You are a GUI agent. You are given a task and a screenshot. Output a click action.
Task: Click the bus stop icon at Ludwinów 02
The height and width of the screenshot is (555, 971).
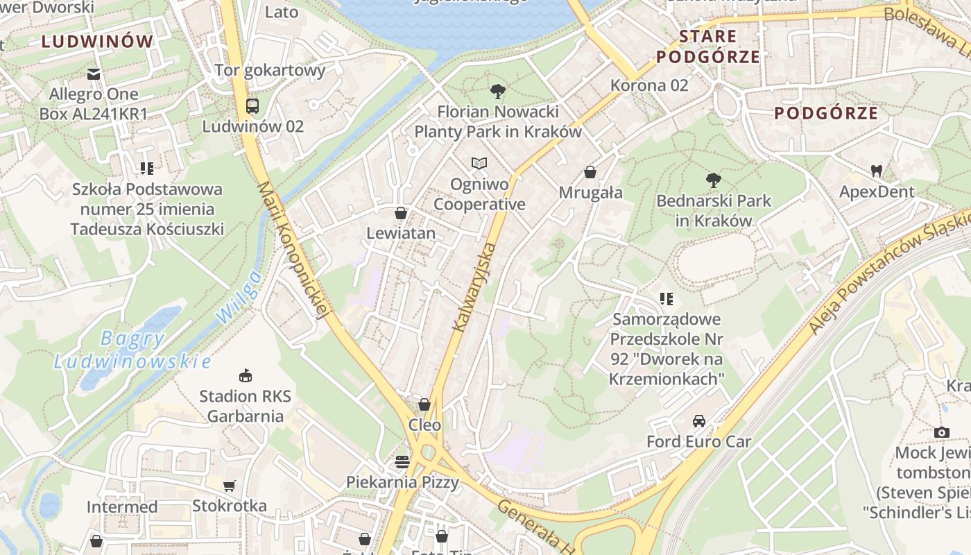[x=252, y=106]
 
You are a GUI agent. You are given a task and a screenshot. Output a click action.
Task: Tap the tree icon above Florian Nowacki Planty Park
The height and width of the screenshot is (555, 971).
[x=497, y=91]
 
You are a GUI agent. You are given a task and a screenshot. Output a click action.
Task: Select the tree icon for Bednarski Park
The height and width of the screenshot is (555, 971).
[x=713, y=180]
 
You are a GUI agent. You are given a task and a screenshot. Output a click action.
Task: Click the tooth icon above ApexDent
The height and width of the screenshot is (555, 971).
[x=877, y=171]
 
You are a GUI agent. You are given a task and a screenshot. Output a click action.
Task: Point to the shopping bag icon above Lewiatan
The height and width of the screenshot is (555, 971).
[x=400, y=212]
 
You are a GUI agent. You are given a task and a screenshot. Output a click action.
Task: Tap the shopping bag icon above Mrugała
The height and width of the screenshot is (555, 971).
[x=590, y=171]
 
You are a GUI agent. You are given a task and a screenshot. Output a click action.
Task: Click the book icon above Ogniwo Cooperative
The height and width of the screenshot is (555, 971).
[x=479, y=164]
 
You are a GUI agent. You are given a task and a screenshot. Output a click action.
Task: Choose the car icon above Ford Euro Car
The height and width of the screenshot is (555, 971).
[x=699, y=420]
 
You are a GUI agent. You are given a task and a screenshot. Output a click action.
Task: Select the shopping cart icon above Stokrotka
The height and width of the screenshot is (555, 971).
[x=229, y=486]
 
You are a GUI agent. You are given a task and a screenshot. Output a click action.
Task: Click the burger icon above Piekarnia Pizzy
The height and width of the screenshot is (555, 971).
[x=402, y=461]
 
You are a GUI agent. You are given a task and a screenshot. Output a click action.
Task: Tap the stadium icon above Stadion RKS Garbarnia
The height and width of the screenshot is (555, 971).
[x=245, y=375]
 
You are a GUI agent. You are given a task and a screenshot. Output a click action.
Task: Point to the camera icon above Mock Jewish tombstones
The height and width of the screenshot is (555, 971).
[x=941, y=432]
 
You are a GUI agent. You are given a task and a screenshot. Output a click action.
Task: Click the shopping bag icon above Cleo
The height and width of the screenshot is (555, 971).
[x=424, y=404]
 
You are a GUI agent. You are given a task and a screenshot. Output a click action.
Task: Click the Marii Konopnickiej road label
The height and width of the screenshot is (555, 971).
[x=293, y=250]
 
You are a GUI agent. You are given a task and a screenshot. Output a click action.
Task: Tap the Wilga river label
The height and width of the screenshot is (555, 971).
[x=239, y=296]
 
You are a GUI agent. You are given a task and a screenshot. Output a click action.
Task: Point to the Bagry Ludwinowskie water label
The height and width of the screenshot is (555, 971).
[x=132, y=350]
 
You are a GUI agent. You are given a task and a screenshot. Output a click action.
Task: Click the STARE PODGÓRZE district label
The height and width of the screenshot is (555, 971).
[x=708, y=46]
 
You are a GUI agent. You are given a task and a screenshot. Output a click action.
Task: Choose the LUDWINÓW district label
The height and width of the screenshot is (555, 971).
[x=97, y=42]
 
